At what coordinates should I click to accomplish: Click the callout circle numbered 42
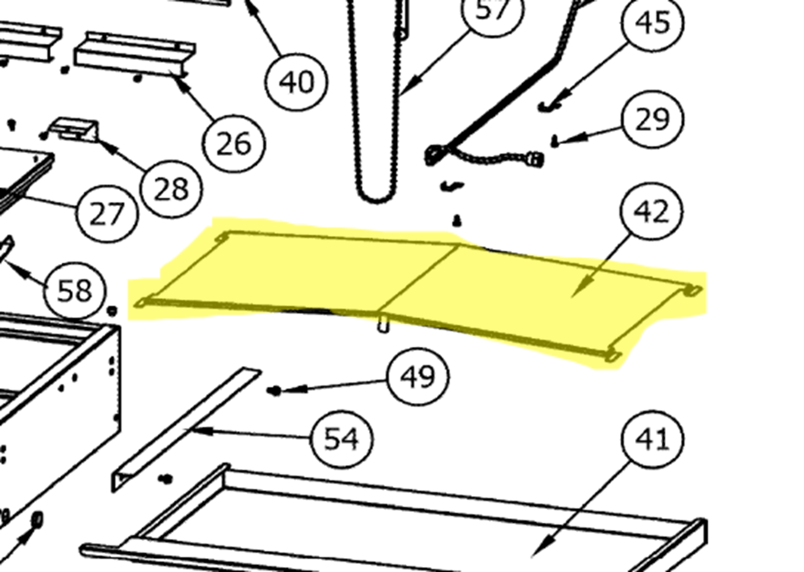click(x=650, y=211)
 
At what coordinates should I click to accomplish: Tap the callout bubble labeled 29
click(x=653, y=119)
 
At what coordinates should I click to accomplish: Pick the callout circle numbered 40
click(x=296, y=82)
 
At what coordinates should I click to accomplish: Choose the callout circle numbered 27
click(x=107, y=213)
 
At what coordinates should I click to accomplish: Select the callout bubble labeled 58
click(x=74, y=290)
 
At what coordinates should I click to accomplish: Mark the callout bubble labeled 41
click(x=653, y=439)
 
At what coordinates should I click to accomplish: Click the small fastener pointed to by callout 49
click(x=275, y=391)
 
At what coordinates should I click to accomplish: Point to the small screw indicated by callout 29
click(x=555, y=142)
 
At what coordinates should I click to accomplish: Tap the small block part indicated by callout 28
click(x=74, y=129)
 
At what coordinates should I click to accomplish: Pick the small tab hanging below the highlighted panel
click(x=384, y=324)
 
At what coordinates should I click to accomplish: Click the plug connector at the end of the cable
click(x=535, y=159)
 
